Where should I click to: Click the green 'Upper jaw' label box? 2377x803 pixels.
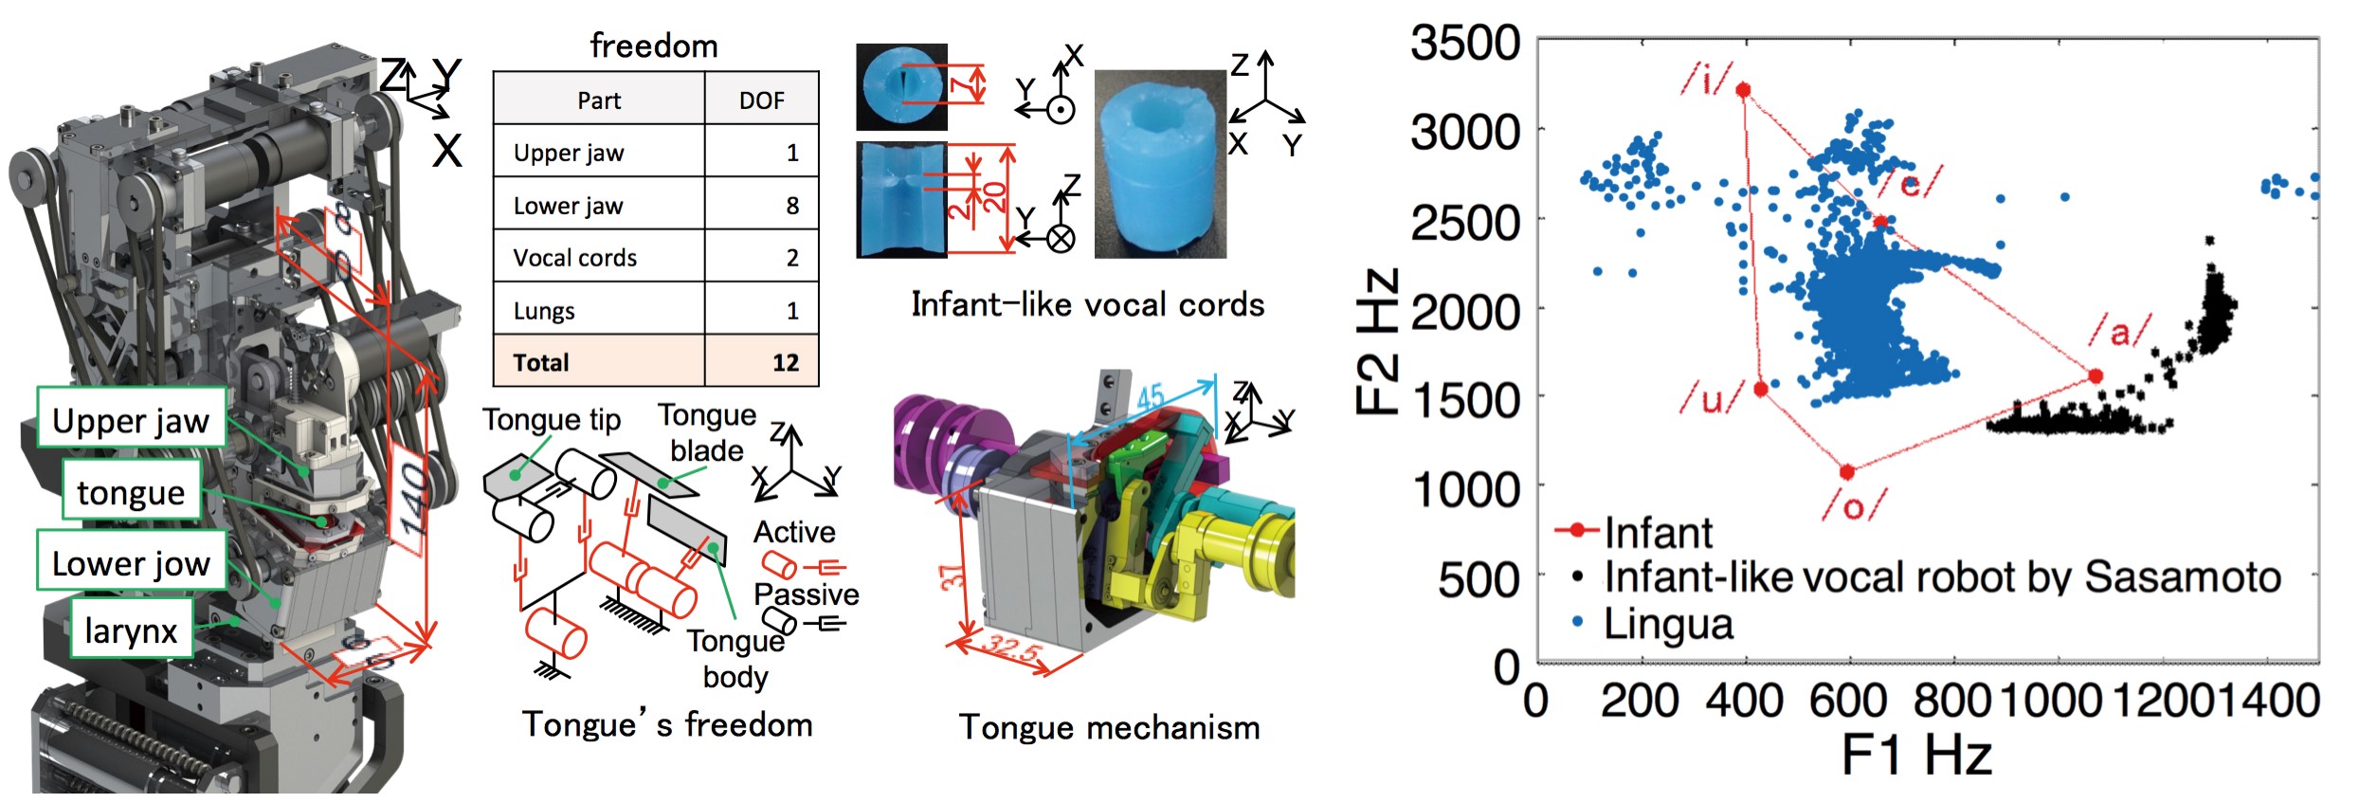pyautogui.click(x=131, y=419)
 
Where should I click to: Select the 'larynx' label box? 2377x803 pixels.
pyautogui.click(x=131, y=629)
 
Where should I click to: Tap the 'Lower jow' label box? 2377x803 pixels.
pyautogui.click(x=131, y=562)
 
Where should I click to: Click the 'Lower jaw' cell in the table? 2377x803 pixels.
pyautogui.click(x=569, y=206)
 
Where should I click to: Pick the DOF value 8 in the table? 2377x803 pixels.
pyautogui.click(x=791, y=206)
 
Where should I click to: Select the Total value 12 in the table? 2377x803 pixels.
pyautogui.click(x=785, y=362)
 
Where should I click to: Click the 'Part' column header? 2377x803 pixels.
pyautogui.click(x=599, y=100)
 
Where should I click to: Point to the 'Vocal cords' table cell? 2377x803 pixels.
pyautogui.click(x=574, y=258)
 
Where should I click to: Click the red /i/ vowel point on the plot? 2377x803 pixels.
pyautogui.click(x=1743, y=90)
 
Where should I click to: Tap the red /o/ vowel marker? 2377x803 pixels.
pyautogui.click(x=1847, y=472)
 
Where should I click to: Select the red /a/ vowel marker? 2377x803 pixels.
pyautogui.click(x=2096, y=376)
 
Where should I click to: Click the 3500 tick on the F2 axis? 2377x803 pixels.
pyautogui.click(x=1465, y=44)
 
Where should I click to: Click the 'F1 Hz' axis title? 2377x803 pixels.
pyautogui.click(x=1915, y=756)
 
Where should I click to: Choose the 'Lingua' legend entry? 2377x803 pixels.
pyautogui.click(x=1668, y=624)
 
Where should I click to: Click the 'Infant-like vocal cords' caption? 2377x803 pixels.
pyautogui.click(x=1087, y=304)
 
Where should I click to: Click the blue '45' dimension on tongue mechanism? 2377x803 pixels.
pyautogui.click(x=1150, y=397)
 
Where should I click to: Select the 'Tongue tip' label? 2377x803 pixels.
pyautogui.click(x=552, y=420)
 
